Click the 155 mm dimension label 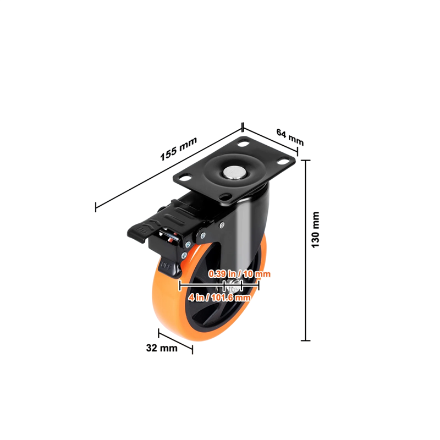point(178,149)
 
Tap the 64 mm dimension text point(290,136)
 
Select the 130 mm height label point(315,230)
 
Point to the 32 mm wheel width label point(162,348)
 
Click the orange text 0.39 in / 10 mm point(239,274)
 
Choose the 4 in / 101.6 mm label point(219,298)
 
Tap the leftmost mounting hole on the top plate point(185,178)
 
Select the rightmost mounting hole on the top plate point(283,161)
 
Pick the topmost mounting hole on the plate point(243,144)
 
